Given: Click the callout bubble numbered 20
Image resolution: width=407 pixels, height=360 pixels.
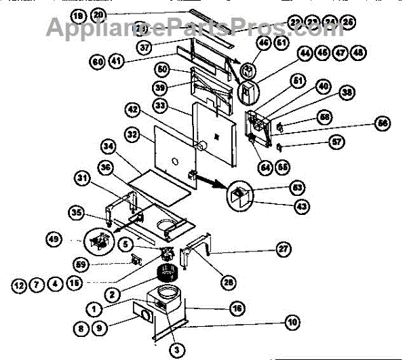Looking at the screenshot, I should [x=98, y=14].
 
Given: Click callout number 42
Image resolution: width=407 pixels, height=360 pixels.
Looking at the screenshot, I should [x=132, y=108].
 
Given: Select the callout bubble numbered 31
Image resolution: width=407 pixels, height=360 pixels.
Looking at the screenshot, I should [x=81, y=178].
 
